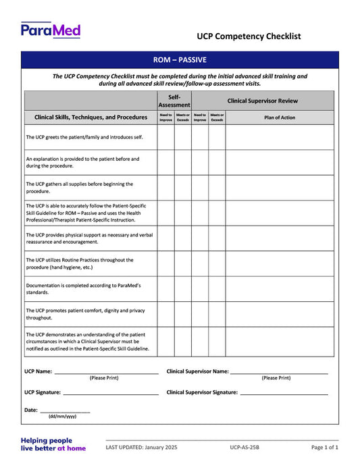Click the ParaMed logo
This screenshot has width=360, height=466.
51,30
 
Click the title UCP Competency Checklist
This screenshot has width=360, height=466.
249,36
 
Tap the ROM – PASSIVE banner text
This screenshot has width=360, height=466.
179,60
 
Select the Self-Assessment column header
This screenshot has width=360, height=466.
174,101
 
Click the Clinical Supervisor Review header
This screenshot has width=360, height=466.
262,101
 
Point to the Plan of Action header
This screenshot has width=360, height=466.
279,117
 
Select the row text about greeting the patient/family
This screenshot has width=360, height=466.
83,137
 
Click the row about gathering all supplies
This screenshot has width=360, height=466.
79,187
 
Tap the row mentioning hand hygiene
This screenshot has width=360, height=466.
79,263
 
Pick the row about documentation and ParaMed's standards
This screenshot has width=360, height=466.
83,289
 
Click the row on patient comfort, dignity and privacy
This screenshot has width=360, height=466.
85,313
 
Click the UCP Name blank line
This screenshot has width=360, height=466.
106,372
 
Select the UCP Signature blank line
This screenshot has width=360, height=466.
111,393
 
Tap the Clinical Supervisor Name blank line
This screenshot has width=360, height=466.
279,372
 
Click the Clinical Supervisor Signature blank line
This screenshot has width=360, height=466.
284,393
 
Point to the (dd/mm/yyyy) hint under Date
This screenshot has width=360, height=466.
62,417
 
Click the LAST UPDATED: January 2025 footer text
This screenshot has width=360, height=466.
141,447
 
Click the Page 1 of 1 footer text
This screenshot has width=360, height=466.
325,447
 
